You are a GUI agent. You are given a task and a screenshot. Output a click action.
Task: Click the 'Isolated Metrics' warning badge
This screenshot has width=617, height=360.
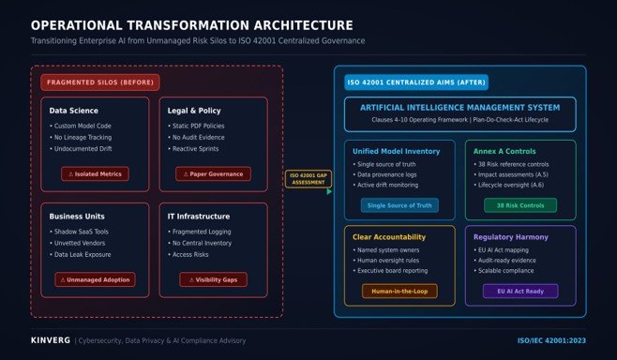95,173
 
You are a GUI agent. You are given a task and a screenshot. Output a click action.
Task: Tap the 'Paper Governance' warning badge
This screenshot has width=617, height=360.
213,173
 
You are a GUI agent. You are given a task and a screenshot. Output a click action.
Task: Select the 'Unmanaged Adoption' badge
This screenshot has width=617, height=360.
95,279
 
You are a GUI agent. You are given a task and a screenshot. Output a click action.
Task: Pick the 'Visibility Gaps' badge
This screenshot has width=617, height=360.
213,279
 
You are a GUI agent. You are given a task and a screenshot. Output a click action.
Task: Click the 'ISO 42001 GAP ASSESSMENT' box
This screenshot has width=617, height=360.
308,179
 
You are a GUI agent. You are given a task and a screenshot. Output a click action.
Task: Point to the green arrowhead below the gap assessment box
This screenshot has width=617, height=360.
329,191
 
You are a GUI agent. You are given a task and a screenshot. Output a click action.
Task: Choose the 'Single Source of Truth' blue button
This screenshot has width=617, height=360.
399,205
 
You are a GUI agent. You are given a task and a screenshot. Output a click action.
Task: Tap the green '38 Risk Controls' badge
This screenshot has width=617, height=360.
520,205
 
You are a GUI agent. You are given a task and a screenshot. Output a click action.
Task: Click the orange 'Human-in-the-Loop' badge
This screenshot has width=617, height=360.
399,292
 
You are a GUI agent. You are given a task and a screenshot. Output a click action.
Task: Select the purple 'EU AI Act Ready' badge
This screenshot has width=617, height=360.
520,292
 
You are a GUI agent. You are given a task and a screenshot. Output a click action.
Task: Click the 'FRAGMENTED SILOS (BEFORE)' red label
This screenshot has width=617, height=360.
100,82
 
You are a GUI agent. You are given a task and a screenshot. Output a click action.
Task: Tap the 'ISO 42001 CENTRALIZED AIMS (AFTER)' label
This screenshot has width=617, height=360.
416,82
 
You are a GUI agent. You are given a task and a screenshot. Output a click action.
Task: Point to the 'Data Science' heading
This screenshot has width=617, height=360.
73,111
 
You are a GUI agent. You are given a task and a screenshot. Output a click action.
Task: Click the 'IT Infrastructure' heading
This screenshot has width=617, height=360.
199,217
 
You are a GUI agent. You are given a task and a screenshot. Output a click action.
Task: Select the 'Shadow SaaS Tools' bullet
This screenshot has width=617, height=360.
79,232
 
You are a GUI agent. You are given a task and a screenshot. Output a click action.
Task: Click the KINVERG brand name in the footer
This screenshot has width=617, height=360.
51,340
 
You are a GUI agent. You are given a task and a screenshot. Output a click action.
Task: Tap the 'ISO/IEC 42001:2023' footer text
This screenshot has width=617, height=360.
551,340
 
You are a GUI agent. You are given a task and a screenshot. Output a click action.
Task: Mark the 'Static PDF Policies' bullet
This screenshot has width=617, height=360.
196,126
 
